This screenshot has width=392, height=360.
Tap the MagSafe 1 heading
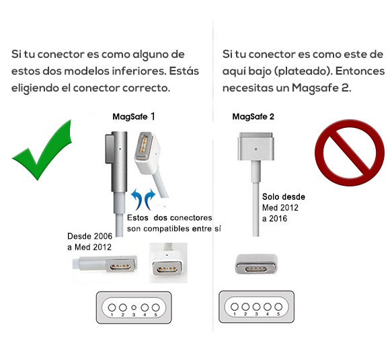tap(134, 116)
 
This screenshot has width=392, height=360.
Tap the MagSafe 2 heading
tap(253, 116)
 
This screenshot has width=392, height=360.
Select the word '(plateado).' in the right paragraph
tap(303, 71)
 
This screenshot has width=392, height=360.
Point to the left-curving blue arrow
tap(136, 199)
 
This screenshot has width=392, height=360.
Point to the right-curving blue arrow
tap(150, 199)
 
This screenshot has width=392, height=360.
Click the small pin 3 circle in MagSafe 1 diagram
tap(134, 308)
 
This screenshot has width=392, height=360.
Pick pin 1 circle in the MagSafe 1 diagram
tap(112, 308)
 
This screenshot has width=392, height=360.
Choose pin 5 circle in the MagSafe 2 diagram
tap(278, 306)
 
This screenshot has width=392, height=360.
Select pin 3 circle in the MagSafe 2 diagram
tap(256, 306)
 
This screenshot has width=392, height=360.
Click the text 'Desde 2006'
tap(89, 236)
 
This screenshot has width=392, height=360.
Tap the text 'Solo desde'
tap(284, 196)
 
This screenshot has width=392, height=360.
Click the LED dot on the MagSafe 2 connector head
tap(256, 149)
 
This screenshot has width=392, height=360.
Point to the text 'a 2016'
tap(274, 219)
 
